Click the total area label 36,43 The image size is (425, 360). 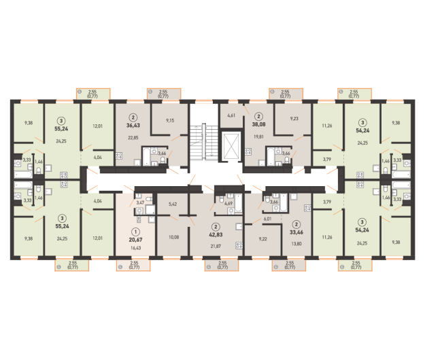pyautogui.click(x=133, y=126)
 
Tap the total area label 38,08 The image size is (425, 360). pyautogui.click(x=258, y=124)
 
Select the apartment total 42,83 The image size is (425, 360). pyautogui.click(x=216, y=234)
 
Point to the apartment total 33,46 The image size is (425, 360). pyautogui.click(x=296, y=232)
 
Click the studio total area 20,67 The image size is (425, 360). pyautogui.click(x=135, y=240)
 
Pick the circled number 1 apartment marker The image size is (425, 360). pyautogui.click(x=135, y=232)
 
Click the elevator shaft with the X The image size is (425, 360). pyautogui.click(x=231, y=146)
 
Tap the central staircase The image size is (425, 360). pyautogui.click(x=204, y=142)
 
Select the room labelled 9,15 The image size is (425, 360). pyautogui.click(x=170, y=120)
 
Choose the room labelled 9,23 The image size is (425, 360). pyautogui.click(x=294, y=118)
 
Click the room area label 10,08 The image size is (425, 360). pyautogui.click(x=174, y=237)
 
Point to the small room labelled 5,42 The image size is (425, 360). pyautogui.click(x=173, y=204)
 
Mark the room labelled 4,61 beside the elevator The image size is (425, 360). pyautogui.click(x=231, y=115)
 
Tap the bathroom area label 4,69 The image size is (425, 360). pyautogui.click(x=228, y=203)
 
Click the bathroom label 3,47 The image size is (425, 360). pyautogui.click(x=140, y=202)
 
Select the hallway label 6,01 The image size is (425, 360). pyautogui.click(x=267, y=219)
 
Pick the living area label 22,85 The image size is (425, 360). pyautogui.click(x=133, y=137)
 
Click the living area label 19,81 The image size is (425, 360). pyautogui.click(x=258, y=137)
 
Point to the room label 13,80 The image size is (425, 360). pyautogui.click(x=296, y=244)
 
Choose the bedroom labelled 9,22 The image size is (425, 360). pyautogui.click(x=262, y=239)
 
